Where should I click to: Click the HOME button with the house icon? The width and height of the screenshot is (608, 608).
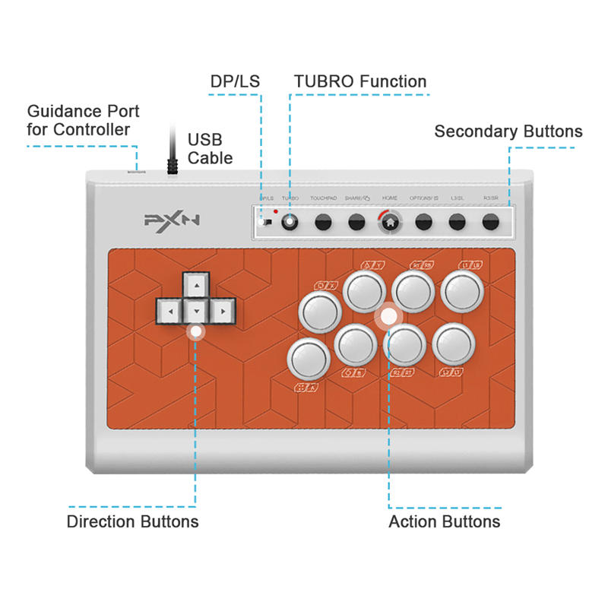[390, 223]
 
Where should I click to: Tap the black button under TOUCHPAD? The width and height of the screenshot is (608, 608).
[323, 223]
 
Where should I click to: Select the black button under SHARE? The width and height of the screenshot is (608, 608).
[356, 223]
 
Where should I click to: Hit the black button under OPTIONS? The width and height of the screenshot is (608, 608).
[424, 223]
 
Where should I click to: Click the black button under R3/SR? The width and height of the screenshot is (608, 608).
[491, 223]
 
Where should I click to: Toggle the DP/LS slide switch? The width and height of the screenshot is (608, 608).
[264, 223]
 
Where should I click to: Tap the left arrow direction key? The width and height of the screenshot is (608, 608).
[170, 310]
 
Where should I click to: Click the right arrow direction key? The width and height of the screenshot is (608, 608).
[222, 310]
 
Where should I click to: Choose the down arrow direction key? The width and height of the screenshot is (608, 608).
[196, 311]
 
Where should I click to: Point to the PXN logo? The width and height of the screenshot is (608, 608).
[172, 221]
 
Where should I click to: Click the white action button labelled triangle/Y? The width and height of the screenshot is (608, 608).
[366, 290]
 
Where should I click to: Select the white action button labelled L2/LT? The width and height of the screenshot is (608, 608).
[454, 344]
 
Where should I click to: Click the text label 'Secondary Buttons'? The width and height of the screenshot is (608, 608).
[508, 131]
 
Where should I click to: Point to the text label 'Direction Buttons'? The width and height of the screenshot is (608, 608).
[133, 522]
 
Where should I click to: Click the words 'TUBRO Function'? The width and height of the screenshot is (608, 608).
[360, 81]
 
